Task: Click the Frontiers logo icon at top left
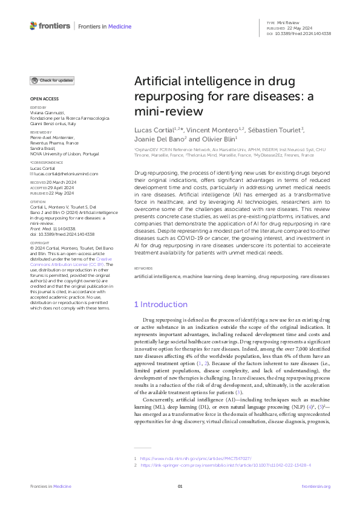tap(33, 26)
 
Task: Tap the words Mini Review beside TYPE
tap(289, 22)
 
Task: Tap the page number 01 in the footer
tap(180, 486)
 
